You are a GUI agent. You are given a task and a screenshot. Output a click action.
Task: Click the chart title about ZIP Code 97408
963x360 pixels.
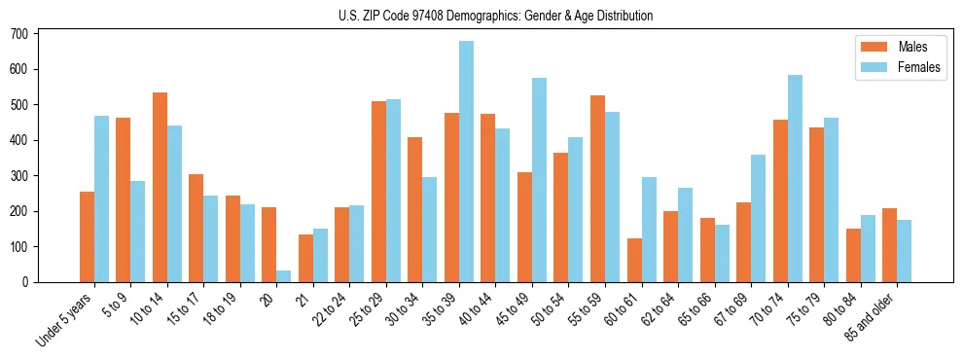click(481, 16)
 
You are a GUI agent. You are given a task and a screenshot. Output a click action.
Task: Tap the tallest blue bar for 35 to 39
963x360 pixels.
click(467, 162)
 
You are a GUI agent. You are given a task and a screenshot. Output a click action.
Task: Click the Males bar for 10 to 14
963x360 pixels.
click(160, 187)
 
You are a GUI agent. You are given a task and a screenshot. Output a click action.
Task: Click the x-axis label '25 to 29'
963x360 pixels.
click(370, 309)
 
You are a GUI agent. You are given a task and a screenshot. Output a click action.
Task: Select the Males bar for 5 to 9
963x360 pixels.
click(124, 199)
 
